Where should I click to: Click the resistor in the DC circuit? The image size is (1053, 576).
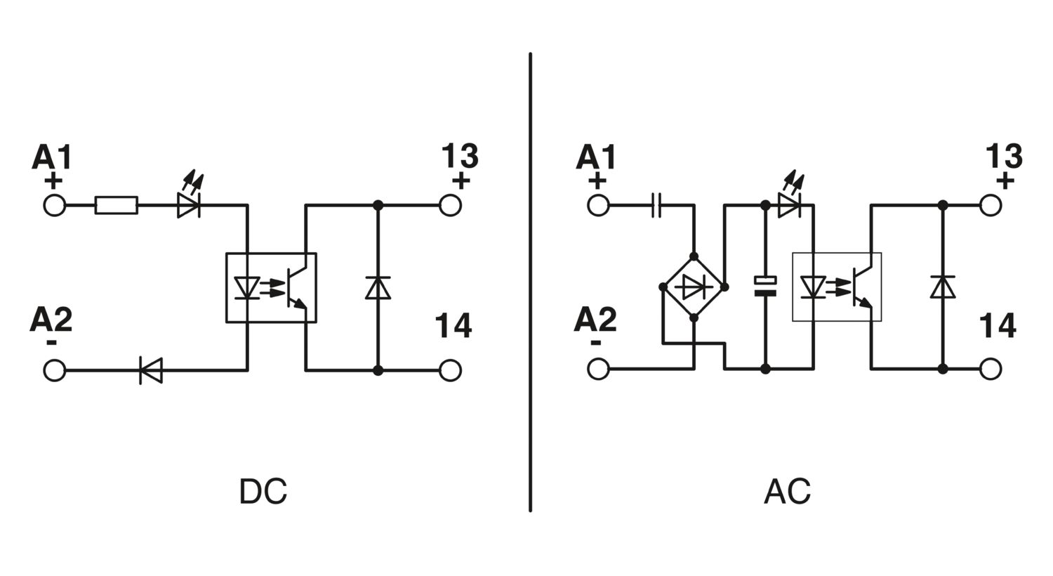(116, 206)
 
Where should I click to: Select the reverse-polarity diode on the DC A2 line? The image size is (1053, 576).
(151, 370)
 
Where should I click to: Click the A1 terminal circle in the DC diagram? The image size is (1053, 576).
(55, 206)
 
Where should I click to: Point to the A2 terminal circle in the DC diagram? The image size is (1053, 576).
(55, 370)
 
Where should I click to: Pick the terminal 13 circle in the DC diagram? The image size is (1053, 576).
(450, 206)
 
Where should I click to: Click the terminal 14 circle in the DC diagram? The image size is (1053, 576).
(450, 370)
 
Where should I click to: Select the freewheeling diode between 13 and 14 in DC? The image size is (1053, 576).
(378, 288)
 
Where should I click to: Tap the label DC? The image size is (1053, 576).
(263, 492)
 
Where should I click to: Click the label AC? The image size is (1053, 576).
(788, 492)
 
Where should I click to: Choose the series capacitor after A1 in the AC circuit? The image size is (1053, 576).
(656, 206)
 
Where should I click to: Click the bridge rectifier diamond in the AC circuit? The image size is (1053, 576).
(694, 287)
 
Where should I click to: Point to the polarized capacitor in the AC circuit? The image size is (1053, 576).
(765, 287)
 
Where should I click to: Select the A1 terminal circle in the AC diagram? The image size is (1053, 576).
(598, 206)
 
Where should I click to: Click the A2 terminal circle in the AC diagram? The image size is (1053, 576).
(598, 369)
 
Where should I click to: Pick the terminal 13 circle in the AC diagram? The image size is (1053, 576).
(991, 206)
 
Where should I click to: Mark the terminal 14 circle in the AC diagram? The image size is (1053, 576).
(991, 369)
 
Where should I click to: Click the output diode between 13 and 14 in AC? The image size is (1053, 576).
(943, 287)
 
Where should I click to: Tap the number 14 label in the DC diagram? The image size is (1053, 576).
(453, 325)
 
